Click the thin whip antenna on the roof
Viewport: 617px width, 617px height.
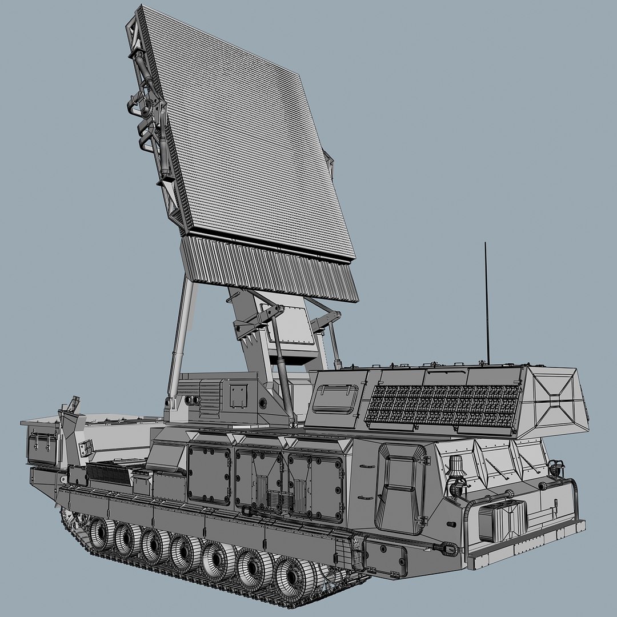(487, 303)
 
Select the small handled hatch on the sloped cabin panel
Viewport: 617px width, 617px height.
(336, 398)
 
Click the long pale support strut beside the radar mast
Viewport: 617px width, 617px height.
(181, 337)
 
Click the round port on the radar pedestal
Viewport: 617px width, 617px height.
(263, 403)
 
